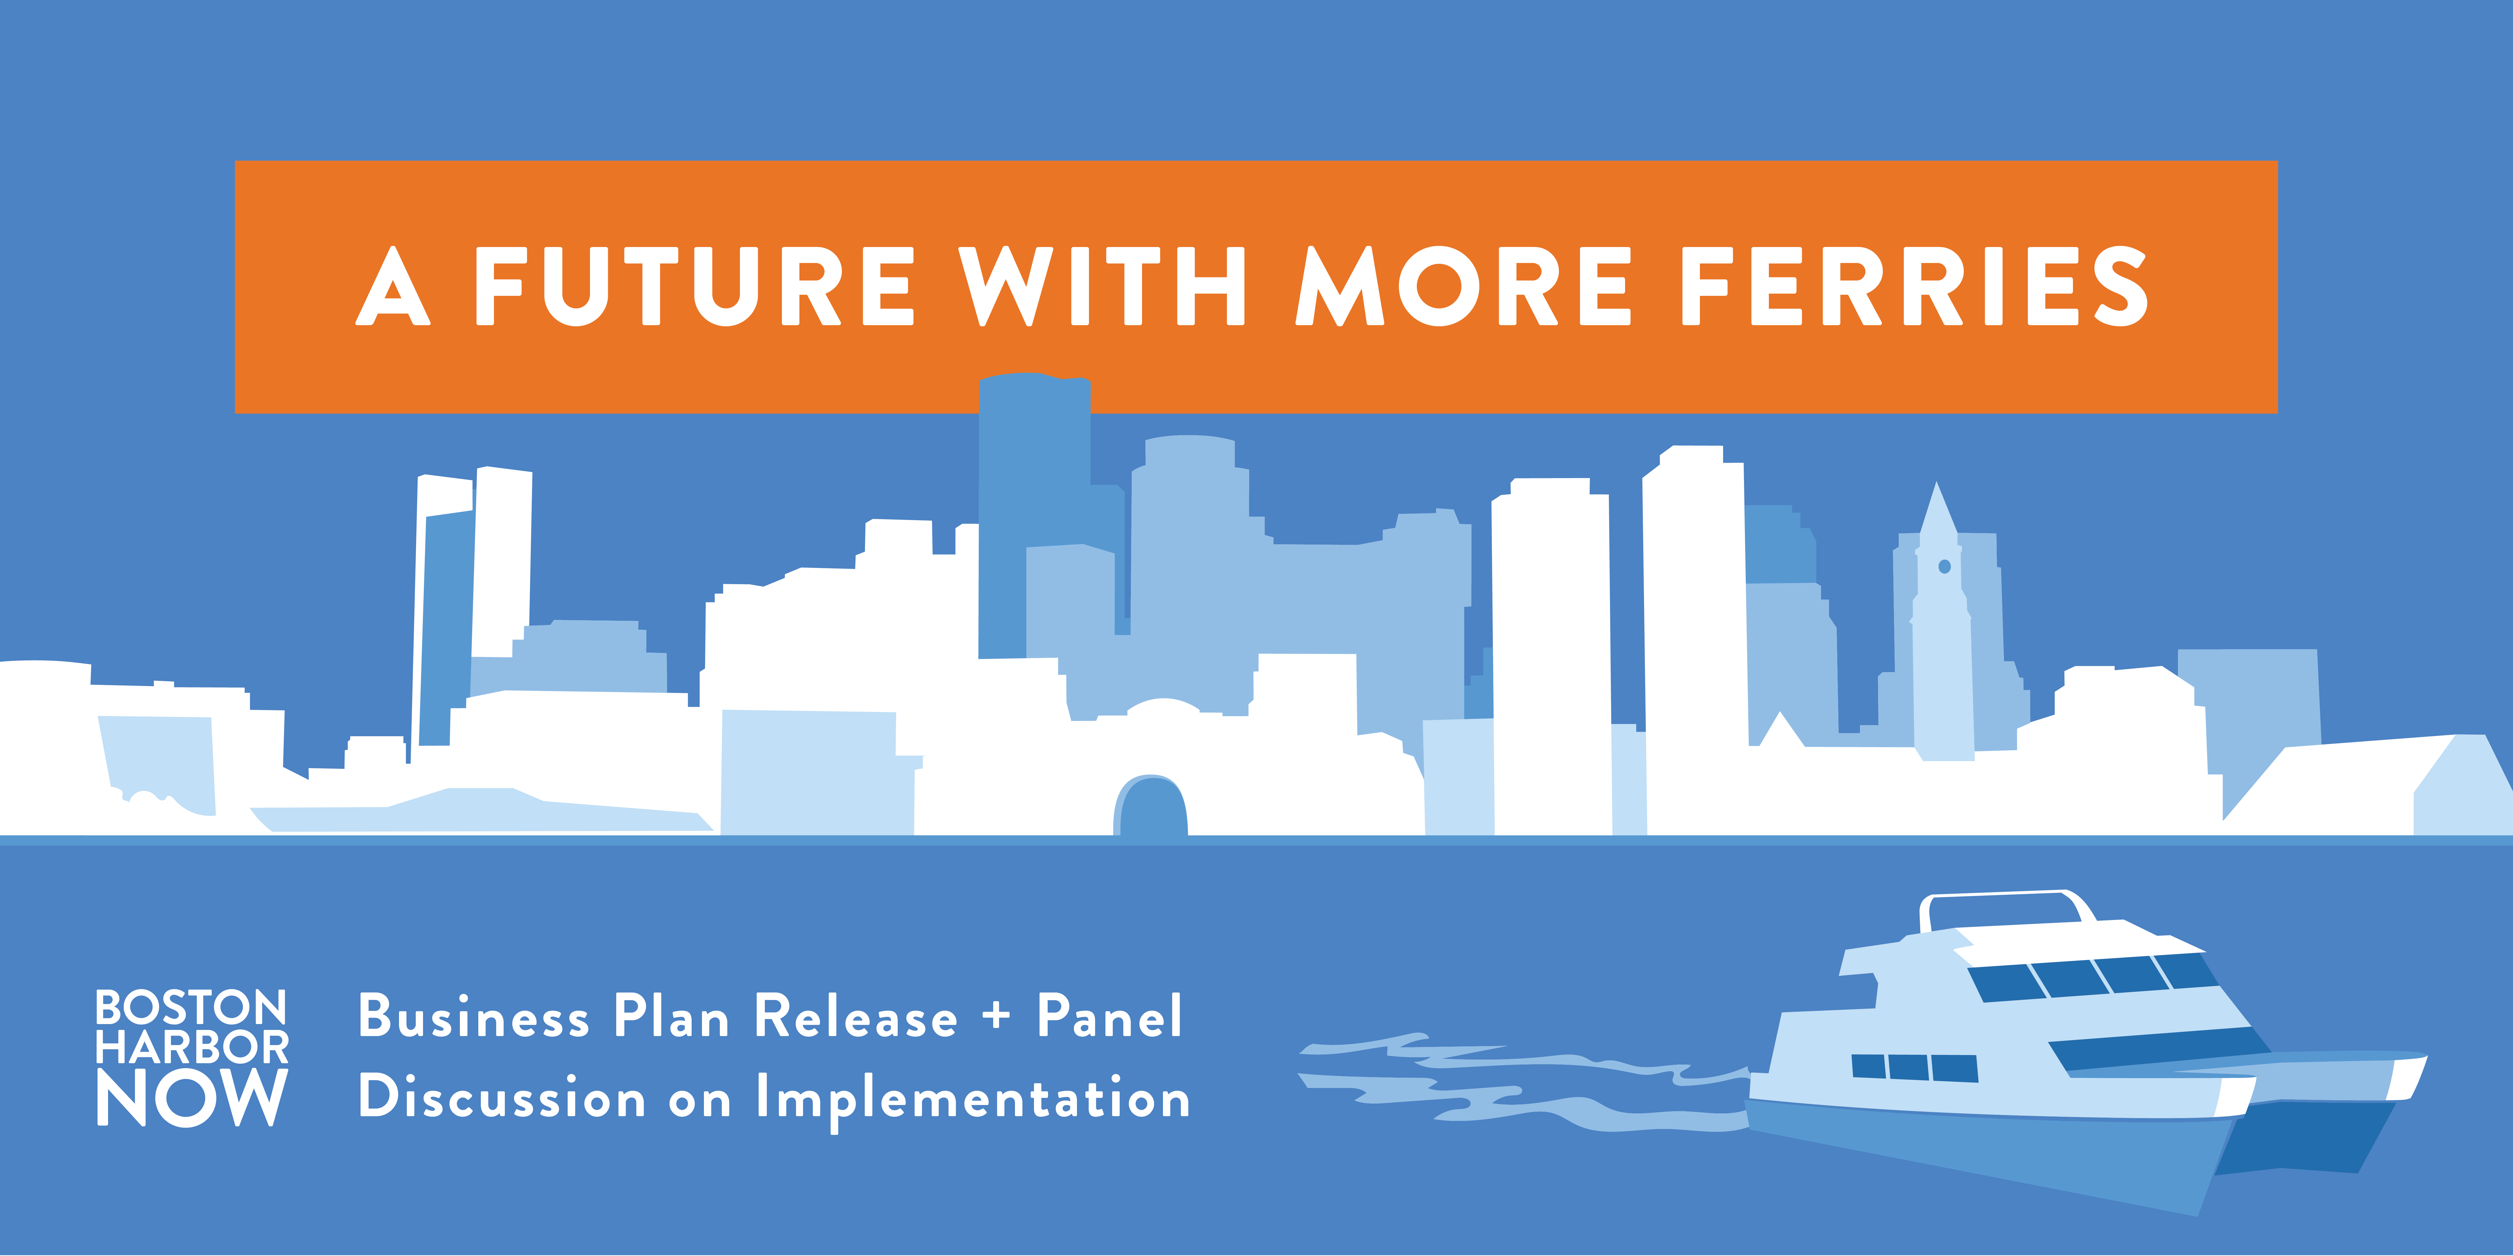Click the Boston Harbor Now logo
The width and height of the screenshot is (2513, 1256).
(x=192, y=1058)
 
